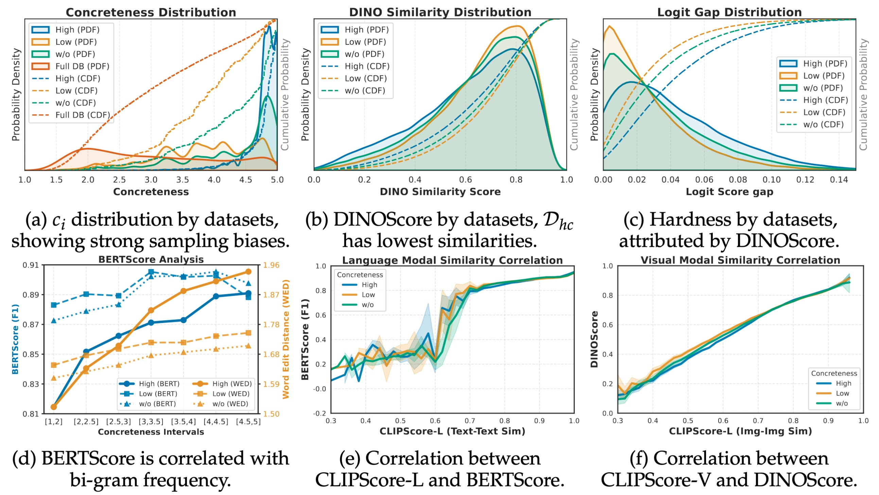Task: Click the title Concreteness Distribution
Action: [x=151, y=13]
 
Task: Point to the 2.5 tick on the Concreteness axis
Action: [x=119, y=180]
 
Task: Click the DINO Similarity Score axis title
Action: [x=440, y=191]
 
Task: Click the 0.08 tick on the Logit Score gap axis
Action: [x=738, y=180]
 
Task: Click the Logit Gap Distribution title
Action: [x=729, y=13]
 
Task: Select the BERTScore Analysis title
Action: [x=151, y=259]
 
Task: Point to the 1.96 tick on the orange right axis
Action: [x=271, y=265]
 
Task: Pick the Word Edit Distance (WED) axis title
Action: [x=286, y=339]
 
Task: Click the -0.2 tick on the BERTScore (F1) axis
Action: [x=321, y=414]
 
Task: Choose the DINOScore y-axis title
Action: [x=594, y=339]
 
